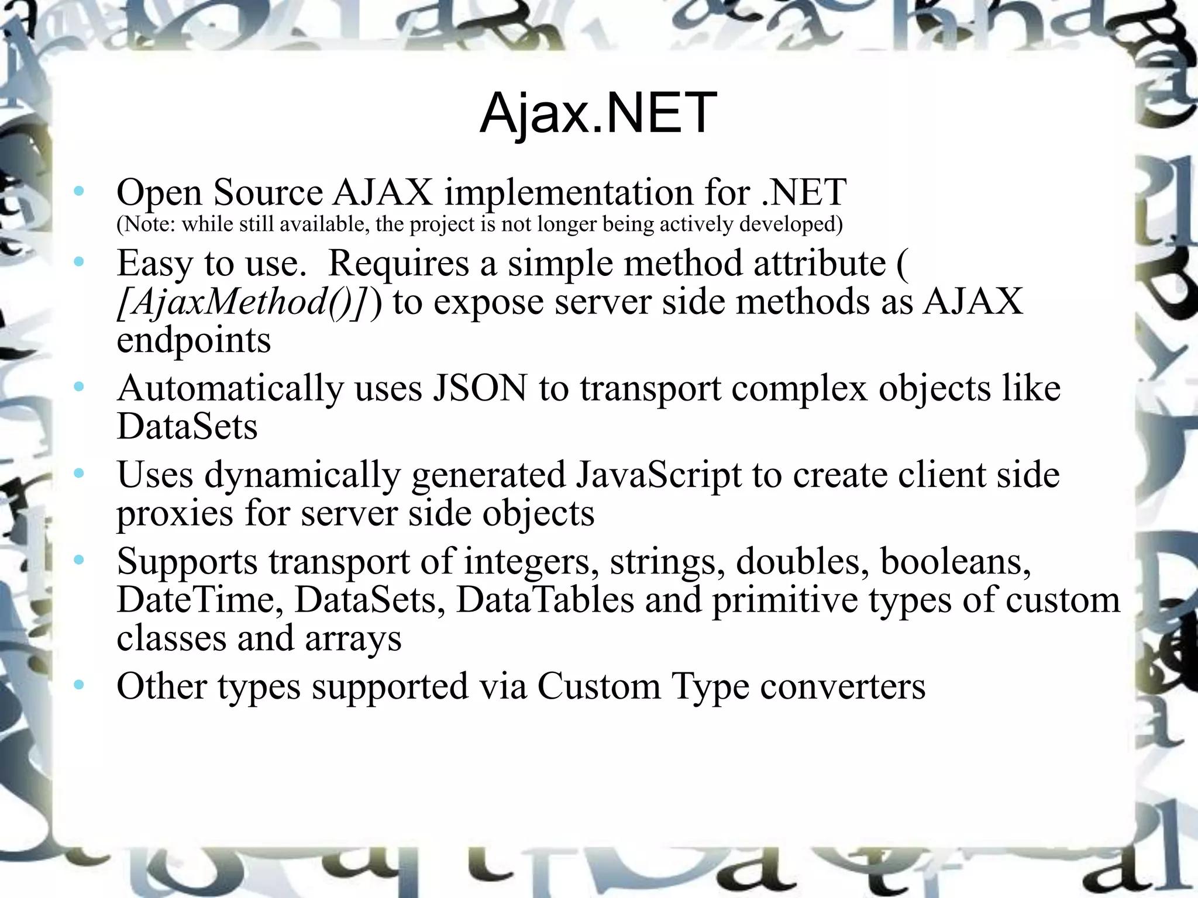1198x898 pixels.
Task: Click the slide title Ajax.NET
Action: click(598, 113)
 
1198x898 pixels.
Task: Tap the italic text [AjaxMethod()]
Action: click(244, 302)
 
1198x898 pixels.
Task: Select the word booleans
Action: click(955, 561)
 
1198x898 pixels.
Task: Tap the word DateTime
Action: click(195, 600)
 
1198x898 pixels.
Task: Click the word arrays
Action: click(353, 638)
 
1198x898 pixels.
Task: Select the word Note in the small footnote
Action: click(146, 224)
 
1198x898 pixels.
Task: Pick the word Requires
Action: click(398, 264)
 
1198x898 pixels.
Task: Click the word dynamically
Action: click(302, 474)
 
